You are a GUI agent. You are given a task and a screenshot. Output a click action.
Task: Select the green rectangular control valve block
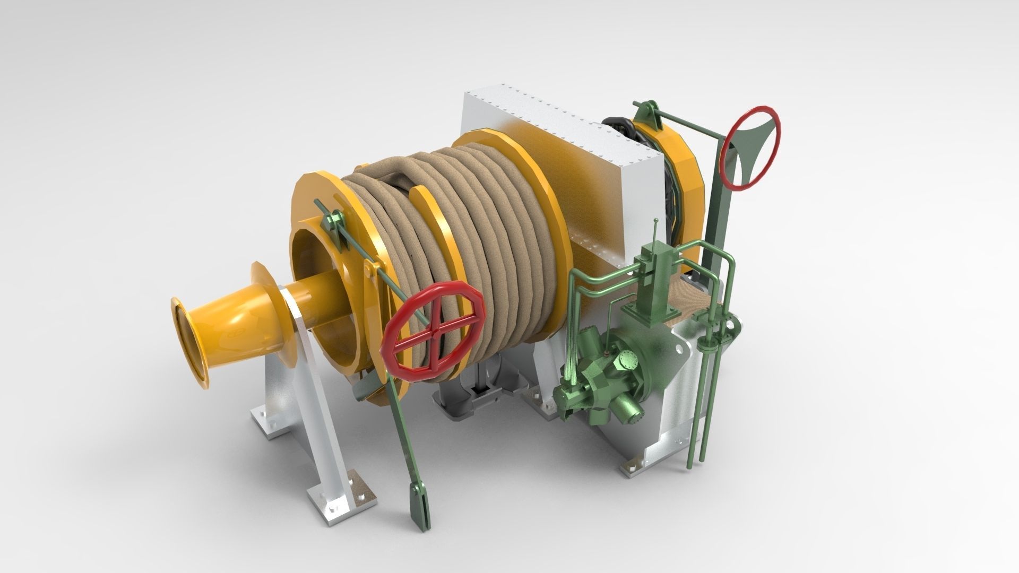coord(652,281)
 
